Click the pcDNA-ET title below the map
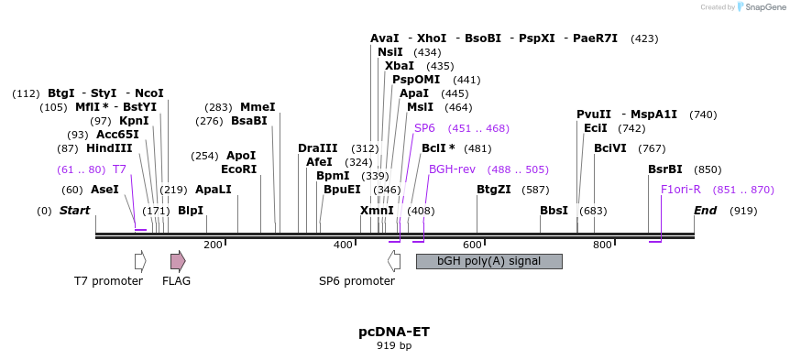(393, 332)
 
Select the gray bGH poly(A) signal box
(488, 261)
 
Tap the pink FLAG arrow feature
(178, 261)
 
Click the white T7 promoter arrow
(140, 261)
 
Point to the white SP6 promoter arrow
(394, 261)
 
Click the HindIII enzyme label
(109, 148)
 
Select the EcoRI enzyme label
(238, 169)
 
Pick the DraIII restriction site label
(318, 148)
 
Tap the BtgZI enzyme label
(494, 190)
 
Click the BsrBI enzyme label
(665, 169)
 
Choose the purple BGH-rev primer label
(452, 169)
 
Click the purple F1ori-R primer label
(681, 190)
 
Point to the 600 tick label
(472, 245)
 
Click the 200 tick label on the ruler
(213, 245)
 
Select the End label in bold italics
(705, 211)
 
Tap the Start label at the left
(74, 211)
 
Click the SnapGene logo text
(763, 7)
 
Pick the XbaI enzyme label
(400, 66)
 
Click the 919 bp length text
(394, 346)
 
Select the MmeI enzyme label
(258, 107)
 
